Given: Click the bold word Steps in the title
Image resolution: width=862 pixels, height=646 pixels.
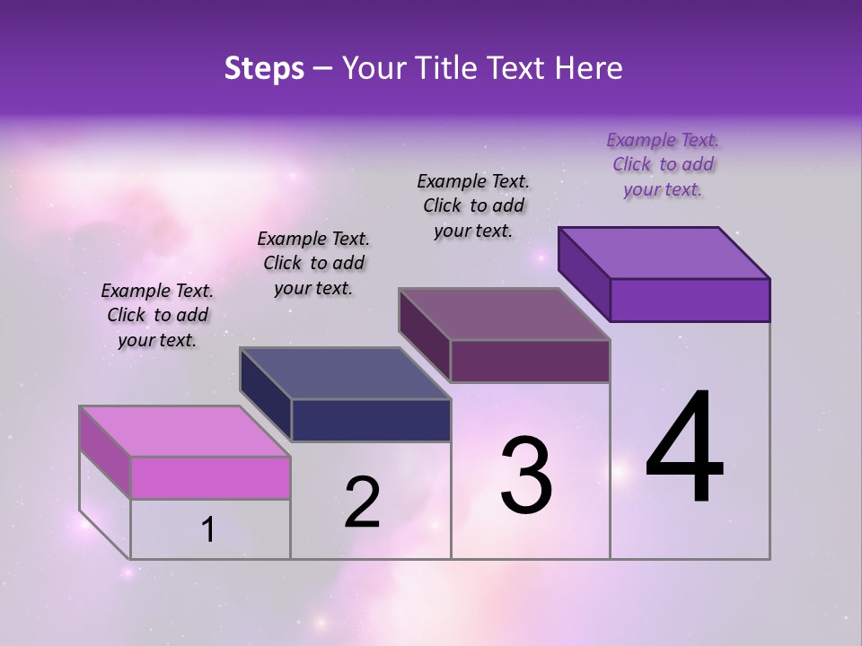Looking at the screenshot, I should click(264, 68).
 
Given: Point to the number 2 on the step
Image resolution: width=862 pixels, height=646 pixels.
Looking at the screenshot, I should click(362, 502).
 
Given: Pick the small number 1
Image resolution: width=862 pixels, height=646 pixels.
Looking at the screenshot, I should click(208, 530).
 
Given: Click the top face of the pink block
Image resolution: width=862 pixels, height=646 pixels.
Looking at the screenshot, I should click(185, 432).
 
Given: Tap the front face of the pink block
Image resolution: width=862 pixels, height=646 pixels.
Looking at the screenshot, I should click(210, 477).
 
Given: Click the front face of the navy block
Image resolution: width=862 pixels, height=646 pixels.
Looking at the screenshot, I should click(371, 420).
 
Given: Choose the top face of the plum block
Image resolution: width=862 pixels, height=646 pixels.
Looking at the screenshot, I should click(505, 314).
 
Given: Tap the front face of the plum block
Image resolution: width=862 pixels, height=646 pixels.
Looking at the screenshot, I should click(530, 361).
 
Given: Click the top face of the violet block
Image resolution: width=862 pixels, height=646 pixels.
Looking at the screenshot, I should click(664, 253).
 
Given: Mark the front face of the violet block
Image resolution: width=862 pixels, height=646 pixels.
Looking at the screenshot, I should click(690, 300).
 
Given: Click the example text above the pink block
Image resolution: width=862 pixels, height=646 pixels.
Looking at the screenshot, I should click(157, 315).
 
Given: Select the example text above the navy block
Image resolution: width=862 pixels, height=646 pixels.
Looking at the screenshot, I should click(313, 263).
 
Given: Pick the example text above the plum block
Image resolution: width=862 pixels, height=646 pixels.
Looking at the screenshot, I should click(473, 205).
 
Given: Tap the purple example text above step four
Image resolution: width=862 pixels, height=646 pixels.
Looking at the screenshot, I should click(663, 164).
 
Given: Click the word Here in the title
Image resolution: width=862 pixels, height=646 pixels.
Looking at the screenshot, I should click(591, 68).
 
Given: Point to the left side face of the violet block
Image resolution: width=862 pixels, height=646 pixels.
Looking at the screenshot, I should click(585, 274).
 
